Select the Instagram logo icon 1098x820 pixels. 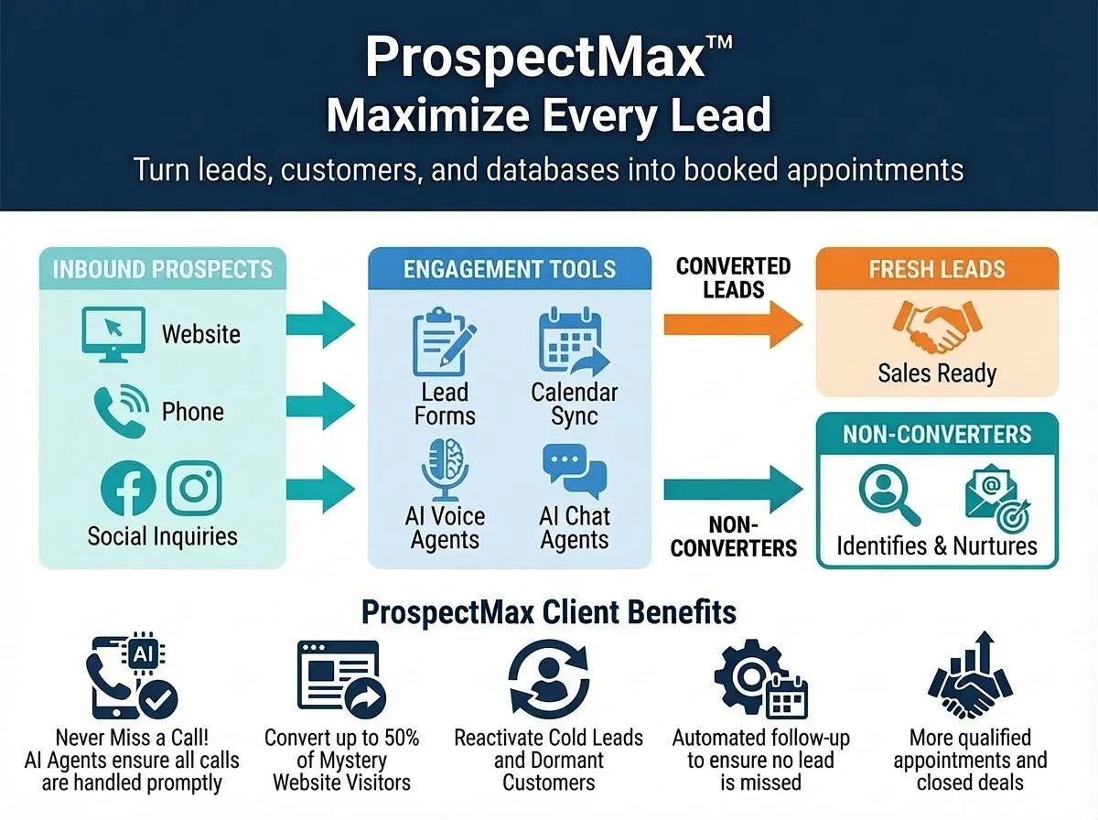click(x=194, y=488)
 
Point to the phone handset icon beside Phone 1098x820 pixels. click(x=120, y=412)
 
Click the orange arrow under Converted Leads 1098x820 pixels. click(x=732, y=323)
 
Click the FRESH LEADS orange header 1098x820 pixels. click(x=937, y=269)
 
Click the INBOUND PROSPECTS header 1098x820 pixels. click(x=163, y=269)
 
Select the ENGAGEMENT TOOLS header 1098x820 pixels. click(x=510, y=269)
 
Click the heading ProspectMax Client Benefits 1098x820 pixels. click(x=548, y=610)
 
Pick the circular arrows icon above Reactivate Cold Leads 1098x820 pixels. click(x=549, y=678)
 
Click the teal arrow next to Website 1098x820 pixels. click(x=320, y=323)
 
